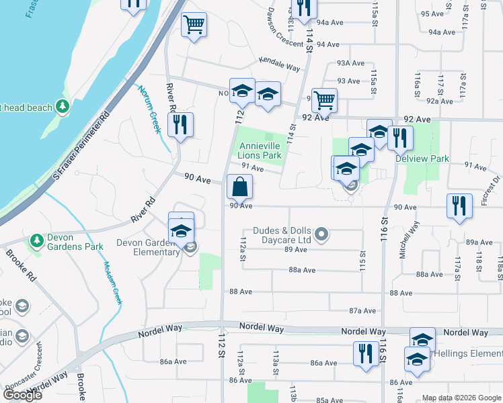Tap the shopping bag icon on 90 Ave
pos(239,187)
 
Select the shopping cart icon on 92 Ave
pos(324,101)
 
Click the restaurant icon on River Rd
pos(180,125)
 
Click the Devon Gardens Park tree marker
pos(36,240)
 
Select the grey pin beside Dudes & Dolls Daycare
pos(322,234)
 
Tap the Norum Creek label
pos(149,108)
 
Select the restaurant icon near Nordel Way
pos(365,354)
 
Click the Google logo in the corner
pos(23,395)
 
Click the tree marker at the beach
pos(63,106)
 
